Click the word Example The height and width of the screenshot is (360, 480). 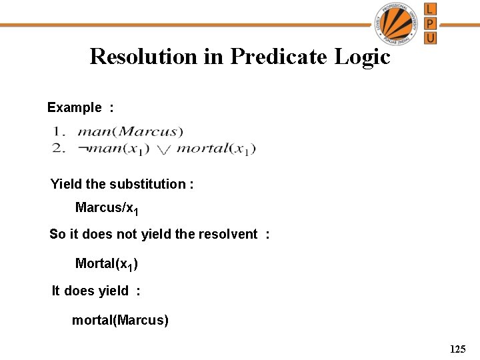(75, 107)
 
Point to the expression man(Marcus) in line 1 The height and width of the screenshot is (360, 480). (130, 132)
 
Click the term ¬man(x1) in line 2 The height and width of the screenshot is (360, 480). (113, 149)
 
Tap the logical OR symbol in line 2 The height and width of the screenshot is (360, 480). (163, 150)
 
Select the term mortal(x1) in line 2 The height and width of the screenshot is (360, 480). (216, 149)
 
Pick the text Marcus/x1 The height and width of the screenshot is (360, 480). (107, 208)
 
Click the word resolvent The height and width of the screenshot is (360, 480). (225, 234)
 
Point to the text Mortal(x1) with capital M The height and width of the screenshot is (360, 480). (107, 264)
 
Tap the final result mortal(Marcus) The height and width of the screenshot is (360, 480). (120, 321)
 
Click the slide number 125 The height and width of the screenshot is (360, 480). (457, 349)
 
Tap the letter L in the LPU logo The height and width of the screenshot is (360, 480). (431, 9)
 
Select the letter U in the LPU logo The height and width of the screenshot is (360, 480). (431, 37)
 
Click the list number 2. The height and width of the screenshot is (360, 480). (59, 148)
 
